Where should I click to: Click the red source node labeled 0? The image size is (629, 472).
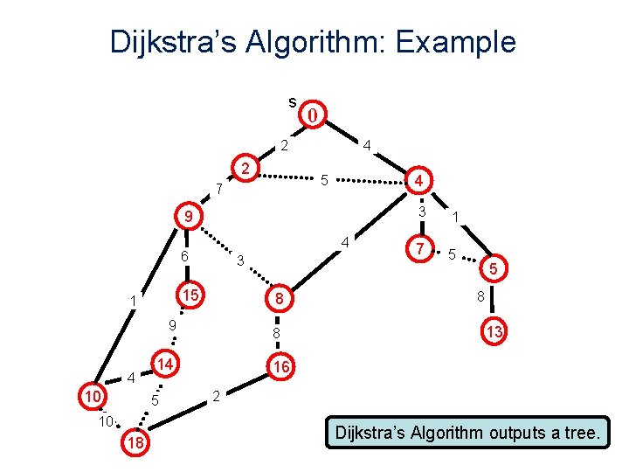[314, 114]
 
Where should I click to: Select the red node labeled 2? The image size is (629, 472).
[246, 168]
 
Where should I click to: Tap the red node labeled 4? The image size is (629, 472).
[419, 181]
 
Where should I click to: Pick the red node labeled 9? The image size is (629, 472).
[187, 216]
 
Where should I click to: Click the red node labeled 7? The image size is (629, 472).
[421, 250]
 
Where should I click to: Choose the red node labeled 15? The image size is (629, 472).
[189, 295]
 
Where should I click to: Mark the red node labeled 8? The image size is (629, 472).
[278, 299]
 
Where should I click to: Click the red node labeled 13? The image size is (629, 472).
[494, 332]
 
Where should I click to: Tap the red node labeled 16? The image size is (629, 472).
[280, 368]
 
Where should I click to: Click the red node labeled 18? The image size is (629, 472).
[135, 444]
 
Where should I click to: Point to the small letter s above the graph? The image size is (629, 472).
[292, 101]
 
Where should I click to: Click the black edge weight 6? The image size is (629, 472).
[184, 257]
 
